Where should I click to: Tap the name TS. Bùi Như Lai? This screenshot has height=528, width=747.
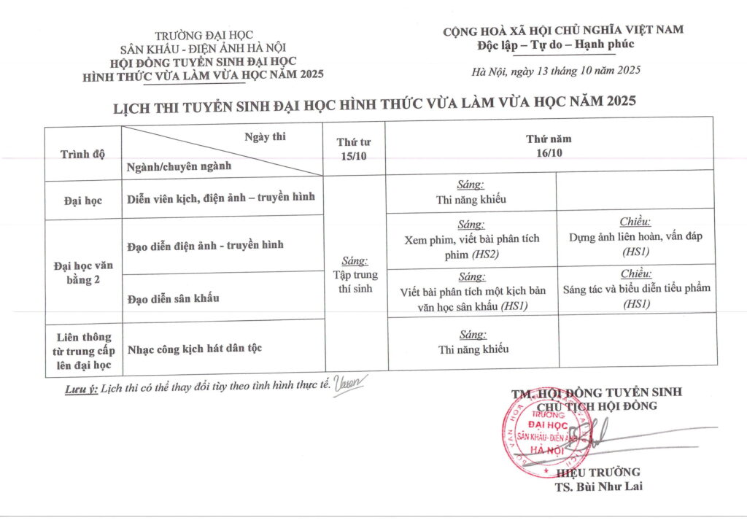point(598,486)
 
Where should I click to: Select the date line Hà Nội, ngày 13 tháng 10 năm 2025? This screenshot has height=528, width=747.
point(556,71)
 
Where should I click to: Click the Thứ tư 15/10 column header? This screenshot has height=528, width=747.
point(354,150)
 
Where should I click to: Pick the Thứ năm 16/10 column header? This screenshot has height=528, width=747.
point(549,145)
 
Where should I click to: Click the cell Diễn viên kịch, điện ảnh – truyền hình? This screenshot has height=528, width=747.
point(220,198)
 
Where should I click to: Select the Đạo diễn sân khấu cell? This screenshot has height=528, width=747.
point(173,298)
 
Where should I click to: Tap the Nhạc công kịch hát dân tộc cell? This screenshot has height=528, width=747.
point(194,348)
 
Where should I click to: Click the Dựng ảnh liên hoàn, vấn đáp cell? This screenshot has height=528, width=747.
point(635,237)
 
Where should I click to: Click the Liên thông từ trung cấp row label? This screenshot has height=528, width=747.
point(82,350)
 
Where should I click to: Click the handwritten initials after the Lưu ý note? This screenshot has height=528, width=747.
point(349,384)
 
